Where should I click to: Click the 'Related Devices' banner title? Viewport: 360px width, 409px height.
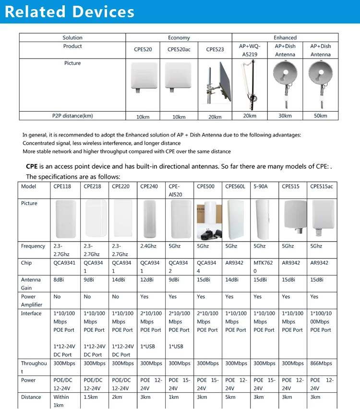[x=70, y=12]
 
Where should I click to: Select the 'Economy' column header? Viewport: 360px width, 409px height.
[x=179, y=37]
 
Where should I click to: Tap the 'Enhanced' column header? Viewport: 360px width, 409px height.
[x=285, y=37]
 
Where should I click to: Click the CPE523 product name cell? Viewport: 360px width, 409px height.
[x=215, y=49]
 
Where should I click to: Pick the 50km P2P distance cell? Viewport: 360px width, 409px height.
[x=320, y=116]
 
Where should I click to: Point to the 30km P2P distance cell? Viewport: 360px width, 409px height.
[x=285, y=116]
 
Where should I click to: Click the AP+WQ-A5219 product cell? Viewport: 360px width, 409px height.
[x=250, y=50]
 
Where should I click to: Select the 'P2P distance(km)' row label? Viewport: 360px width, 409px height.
[x=72, y=116]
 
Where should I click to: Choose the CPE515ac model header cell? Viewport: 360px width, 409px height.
[x=321, y=187]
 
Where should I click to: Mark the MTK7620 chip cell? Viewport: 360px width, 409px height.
[x=264, y=267]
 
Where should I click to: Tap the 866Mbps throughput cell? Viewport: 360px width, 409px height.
[x=321, y=363]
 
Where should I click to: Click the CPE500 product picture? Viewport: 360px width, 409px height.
[x=208, y=220]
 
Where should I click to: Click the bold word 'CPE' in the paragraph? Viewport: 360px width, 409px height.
[x=32, y=167]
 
